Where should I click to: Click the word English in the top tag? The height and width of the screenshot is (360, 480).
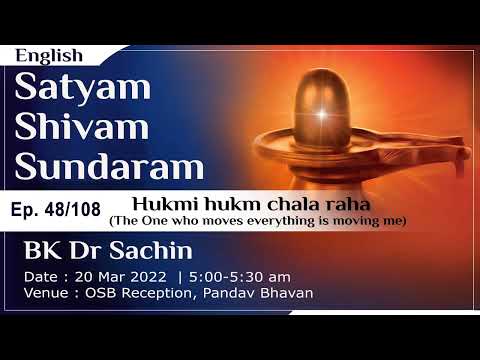coord(49,56)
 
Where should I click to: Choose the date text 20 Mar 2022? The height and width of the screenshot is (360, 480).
coord(127,275)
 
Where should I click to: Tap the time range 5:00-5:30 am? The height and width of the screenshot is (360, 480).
coord(232,275)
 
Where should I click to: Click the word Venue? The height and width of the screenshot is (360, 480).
coord(48,292)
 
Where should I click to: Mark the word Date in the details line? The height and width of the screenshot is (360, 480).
coord(45,275)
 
